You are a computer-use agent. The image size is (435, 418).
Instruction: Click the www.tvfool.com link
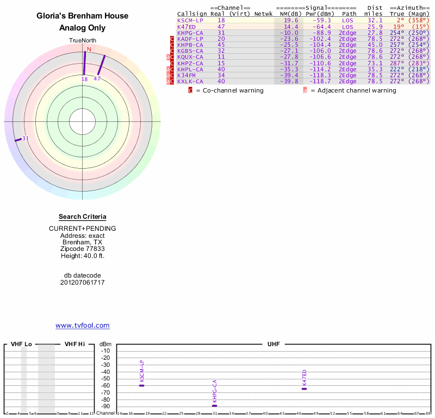click(x=83, y=325)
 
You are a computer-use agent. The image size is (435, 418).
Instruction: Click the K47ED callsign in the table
click(x=186, y=26)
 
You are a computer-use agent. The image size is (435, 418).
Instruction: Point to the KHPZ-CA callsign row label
click(x=190, y=63)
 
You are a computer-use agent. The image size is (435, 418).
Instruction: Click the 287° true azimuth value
click(x=397, y=63)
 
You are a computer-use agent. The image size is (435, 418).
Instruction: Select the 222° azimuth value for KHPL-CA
click(x=397, y=69)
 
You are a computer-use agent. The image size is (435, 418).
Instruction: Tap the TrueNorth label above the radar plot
click(x=82, y=41)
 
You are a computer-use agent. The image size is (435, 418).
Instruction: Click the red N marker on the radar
click(x=89, y=50)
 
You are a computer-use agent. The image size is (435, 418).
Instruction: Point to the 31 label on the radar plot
click(x=25, y=138)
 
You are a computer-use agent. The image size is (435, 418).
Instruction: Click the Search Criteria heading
click(x=82, y=217)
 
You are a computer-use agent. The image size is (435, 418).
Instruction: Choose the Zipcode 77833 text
click(x=82, y=249)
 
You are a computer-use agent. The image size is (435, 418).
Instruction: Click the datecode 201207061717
click(x=82, y=282)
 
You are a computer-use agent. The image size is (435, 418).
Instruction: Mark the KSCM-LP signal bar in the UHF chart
click(x=141, y=385)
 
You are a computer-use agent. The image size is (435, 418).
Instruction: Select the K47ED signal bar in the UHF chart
click(x=304, y=389)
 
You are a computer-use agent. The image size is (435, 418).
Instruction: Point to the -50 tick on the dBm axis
click(x=105, y=378)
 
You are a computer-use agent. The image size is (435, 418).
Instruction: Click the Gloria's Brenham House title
click(x=82, y=16)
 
